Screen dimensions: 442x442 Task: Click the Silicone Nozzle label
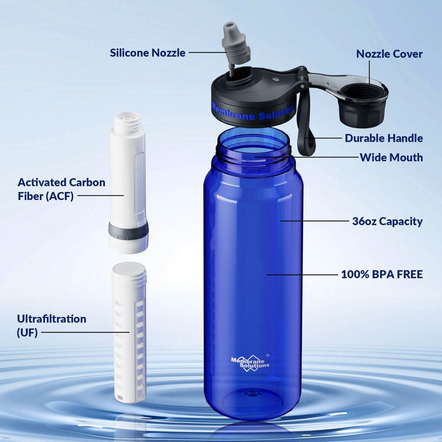point(148,53)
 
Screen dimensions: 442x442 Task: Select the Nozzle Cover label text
point(389,54)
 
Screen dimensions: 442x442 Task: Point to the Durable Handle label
point(384,138)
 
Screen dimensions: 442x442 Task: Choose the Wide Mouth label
point(391,157)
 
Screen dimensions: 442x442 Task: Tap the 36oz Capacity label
point(387,221)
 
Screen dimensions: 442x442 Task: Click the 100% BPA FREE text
point(382,274)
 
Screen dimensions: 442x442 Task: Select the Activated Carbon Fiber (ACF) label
point(61,189)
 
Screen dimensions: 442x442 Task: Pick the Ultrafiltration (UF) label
point(52,326)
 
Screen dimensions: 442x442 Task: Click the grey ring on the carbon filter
point(128,232)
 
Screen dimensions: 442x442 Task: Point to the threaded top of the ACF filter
point(127,123)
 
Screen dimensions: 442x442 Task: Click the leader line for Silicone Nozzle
point(208,53)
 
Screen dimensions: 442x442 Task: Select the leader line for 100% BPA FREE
point(302,274)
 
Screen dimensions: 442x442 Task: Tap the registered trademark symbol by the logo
point(268,355)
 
